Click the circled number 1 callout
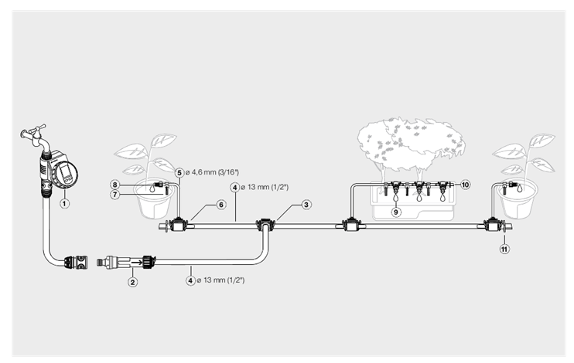[x=64, y=203]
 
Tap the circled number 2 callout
[x=132, y=282]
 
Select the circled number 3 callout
[x=306, y=205]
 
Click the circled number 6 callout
[x=221, y=205]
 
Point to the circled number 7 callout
[x=115, y=195]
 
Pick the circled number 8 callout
[x=115, y=185]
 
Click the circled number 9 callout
[x=396, y=212]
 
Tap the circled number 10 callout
[x=465, y=185]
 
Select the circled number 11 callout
[x=504, y=249]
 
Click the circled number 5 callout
[x=179, y=172]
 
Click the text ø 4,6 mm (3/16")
[x=212, y=172]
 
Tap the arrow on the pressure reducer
[x=137, y=262]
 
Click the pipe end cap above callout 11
[x=508, y=226]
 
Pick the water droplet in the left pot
[x=151, y=188]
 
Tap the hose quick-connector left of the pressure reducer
[x=77, y=262]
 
